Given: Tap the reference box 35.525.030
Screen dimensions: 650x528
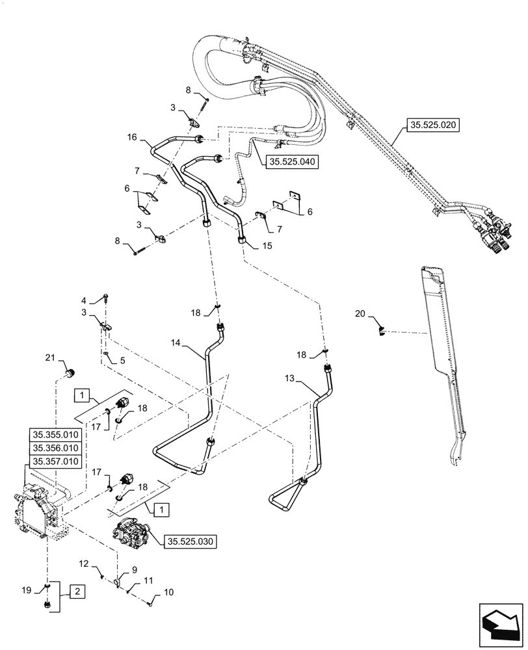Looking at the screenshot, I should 191,540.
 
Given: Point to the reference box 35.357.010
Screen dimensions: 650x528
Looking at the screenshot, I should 55,461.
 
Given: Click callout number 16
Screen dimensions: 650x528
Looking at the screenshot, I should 133,137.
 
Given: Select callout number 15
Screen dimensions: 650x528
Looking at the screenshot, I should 266,246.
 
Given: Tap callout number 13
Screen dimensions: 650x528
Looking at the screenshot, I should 289,377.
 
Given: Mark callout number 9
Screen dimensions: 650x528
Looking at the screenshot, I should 135,569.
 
